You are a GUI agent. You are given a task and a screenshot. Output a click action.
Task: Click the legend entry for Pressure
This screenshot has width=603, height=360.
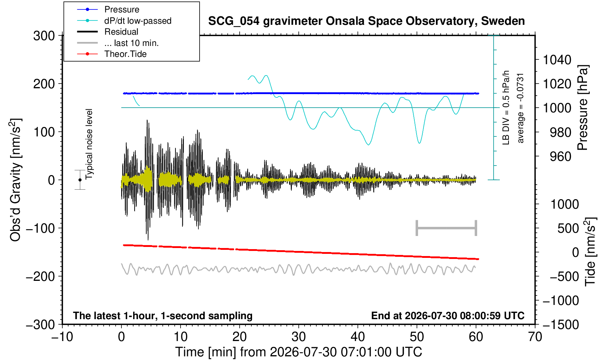point(122,10)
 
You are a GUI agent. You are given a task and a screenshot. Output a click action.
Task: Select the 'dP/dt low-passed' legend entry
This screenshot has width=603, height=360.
point(138,21)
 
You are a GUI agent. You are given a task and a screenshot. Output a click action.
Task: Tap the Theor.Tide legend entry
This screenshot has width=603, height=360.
point(125,54)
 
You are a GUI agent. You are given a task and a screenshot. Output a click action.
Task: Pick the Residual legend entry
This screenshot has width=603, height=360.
point(121,32)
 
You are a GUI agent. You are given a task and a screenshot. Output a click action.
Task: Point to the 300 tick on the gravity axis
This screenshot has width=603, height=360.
point(44,36)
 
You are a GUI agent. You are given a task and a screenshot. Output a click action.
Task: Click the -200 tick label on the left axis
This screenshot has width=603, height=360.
point(40,276)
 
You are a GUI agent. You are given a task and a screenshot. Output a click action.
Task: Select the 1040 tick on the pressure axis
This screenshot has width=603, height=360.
point(557,60)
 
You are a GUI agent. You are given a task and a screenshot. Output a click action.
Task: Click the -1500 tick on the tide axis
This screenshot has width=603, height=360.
point(561,325)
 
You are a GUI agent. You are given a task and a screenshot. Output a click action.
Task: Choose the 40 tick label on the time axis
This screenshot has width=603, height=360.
point(358,337)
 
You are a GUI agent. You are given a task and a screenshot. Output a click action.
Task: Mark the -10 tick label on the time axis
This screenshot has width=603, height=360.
point(62,337)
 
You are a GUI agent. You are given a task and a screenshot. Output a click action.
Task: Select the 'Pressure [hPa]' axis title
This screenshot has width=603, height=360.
point(583,108)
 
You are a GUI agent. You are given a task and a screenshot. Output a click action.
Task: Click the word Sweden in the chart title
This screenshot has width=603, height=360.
point(503,21)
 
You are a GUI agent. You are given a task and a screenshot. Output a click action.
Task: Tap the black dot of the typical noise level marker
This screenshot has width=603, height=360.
point(80,180)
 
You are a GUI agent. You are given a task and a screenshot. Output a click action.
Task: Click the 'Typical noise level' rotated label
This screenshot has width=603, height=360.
point(89,144)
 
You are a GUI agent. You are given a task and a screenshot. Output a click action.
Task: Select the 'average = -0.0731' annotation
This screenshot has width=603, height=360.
point(521,108)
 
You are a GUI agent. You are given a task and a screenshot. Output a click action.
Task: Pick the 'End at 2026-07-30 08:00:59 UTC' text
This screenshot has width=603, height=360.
point(448,316)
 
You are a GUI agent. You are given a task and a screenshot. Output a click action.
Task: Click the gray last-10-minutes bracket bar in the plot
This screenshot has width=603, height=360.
point(447,228)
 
